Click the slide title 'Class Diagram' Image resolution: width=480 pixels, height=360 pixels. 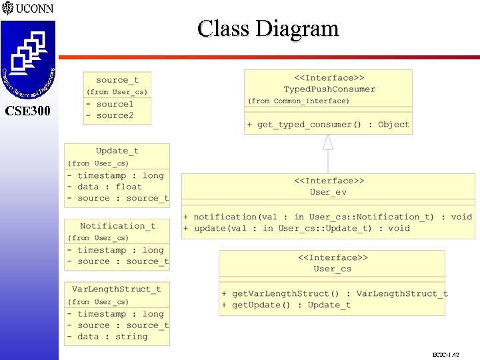point(268,29)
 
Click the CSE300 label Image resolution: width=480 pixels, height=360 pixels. point(27,111)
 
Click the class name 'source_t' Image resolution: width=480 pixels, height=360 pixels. point(117,80)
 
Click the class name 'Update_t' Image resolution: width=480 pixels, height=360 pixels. point(117,151)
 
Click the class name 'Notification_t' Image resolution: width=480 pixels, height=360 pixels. point(117,226)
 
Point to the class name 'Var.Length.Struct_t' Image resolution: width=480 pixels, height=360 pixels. point(117,289)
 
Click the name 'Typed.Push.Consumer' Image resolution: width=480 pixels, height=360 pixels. point(329,89)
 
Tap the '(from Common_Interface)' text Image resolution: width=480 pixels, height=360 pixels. point(298,101)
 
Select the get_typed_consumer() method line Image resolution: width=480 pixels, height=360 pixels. point(328,125)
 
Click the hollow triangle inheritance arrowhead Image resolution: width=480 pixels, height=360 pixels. point(328,142)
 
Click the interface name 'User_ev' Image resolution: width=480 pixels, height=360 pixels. point(329,192)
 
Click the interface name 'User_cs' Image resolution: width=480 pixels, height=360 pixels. point(332,269)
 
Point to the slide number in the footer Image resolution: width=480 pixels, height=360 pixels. point(446,355)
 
